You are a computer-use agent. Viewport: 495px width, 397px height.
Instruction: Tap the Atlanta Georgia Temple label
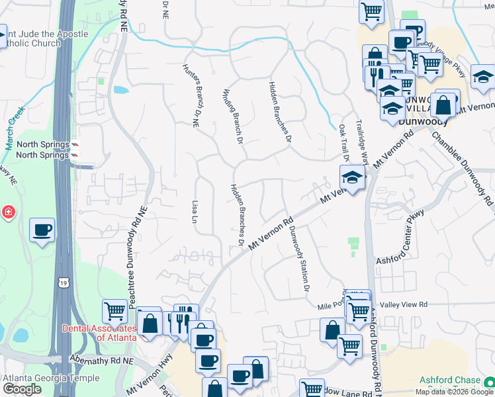(x=52, y=378)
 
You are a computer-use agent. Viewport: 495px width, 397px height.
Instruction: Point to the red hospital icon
(x=8, y=212)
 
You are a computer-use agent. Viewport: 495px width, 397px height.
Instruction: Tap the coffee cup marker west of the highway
(x=42, y=230)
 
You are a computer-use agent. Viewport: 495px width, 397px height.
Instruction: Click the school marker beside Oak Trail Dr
(x=351, y=177)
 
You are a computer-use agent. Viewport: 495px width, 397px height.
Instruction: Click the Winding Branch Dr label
(x=231, y=116)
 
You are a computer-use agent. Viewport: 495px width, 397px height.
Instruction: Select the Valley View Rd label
(x=410, y=304)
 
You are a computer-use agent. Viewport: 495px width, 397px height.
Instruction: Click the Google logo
(x=22, y=389)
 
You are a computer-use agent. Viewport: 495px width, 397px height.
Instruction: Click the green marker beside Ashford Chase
(x=488, y=382)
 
